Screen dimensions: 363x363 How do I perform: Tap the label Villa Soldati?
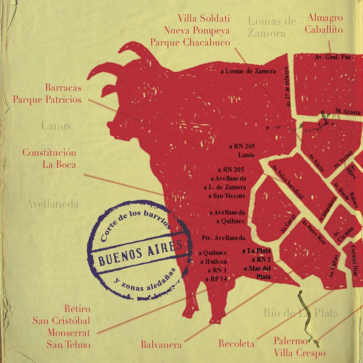pyautogui.click(x=204, y=19)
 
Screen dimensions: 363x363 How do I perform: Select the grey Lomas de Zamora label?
pyautogui.click(x=271, y=27)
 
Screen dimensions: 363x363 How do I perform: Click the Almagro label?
pyautogui.click(x=325, y=18)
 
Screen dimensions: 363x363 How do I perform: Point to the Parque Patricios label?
pyautogui.click(x=47, y=99)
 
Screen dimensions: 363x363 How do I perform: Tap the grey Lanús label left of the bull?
pyautogui.click(x=56, y=126)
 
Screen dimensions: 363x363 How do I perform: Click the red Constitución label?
pyautogui.click(x=49, y=153)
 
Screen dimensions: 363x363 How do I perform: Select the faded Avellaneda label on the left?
pyautogui.click(x=52, y=204)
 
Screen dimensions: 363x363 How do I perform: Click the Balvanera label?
pyautogui.click(x=161, y=344)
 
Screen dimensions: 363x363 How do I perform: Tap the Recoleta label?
pyautogui.click(x=236, y=344)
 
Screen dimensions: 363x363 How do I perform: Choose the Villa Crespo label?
pyautogui.click(x=299, y=353)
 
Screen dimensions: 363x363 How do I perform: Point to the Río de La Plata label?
pyautogui.click(x=301, y=313)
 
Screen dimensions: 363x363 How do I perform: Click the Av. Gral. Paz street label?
pyautogui.click(x=332, y=57)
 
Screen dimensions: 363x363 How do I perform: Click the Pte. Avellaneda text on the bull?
pyautogui.click(x=223, y=238)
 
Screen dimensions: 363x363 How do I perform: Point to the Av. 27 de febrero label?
pyautogui.click(x=289, y=87)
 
